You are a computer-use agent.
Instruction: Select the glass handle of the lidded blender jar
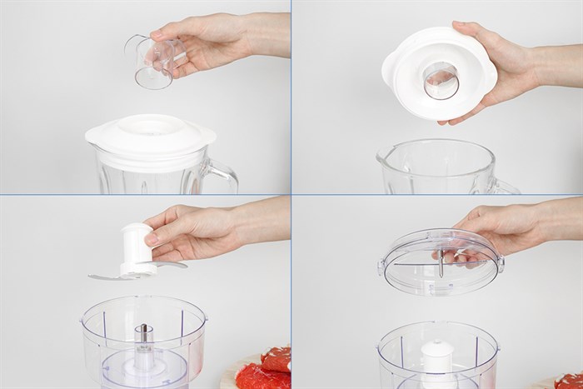pyautogui.click(x=220, y=176)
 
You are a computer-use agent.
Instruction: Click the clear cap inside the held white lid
pyautogui.click(x=441, y=80)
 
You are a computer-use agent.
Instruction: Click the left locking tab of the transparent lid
pyautogui.click(x=381, y=267)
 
